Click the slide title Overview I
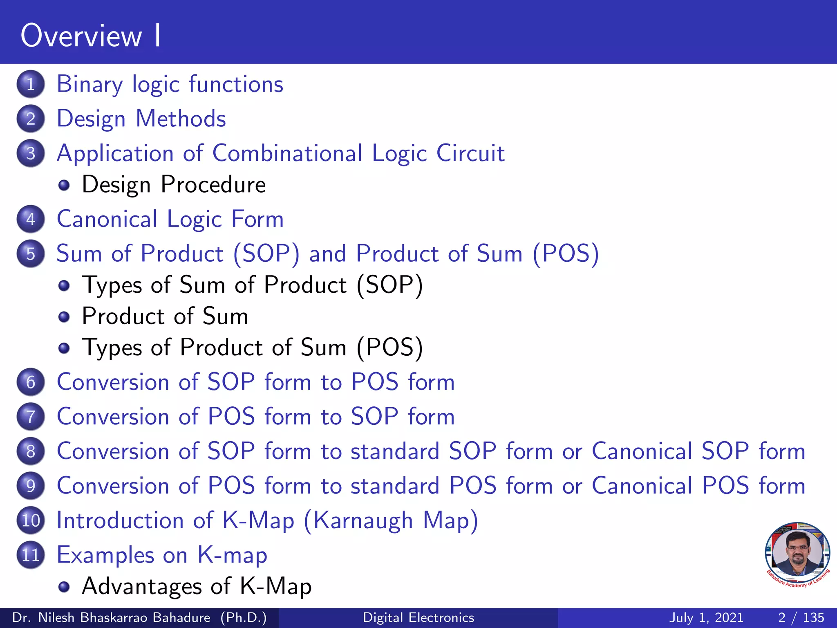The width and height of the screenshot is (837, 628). [x=91, y=36]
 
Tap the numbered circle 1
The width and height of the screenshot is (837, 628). [x=31, y=84]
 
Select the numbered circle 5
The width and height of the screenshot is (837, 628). [x=31, y=254]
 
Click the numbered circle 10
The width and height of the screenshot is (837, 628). [x=31, y=520]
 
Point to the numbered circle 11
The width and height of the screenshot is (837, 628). [x=31, y=555]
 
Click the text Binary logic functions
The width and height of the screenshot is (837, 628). [x=170, y=85]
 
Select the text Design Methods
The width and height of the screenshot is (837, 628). [x=141, y=119]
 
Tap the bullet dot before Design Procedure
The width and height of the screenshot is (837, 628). [x=64, y=185]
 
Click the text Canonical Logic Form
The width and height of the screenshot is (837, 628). [x=170, y=219]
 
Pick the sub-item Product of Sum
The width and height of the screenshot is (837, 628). [x=165, y=316]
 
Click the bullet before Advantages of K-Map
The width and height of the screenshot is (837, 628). [x=64, y=587]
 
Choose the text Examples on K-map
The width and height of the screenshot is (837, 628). [x=162, y=555]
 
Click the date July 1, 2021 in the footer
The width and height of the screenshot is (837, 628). [x=706, y=617]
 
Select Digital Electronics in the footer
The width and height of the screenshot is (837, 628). [x=418, y=617]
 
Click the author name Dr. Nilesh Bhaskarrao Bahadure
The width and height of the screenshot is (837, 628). [x=111, y=617]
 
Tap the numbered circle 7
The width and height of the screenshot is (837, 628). [x=31, y=417]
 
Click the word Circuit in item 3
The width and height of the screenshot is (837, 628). [x=470, y=154]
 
